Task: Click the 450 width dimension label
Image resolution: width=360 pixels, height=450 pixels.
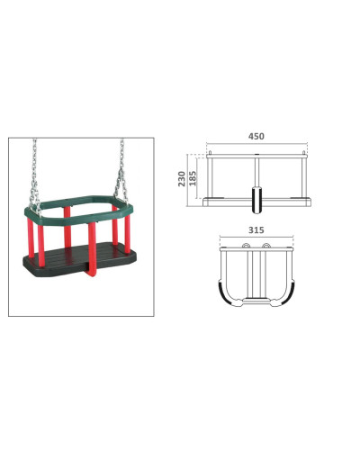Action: (x=256, y=136)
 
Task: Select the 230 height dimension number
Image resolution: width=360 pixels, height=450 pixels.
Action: (x=182, y=179)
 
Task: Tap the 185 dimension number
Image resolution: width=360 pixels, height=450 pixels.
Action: (x=193, y=178)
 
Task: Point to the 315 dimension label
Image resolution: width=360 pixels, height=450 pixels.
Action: (x=256, y=230)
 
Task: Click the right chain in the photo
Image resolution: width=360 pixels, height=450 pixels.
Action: (x=121, y=171)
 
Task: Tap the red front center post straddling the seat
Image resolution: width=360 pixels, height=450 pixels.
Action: (x=92, y=249)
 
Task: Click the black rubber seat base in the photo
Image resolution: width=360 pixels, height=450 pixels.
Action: (x=79, y=258)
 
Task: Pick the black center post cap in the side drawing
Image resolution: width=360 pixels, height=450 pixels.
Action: (x=256, y=201)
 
